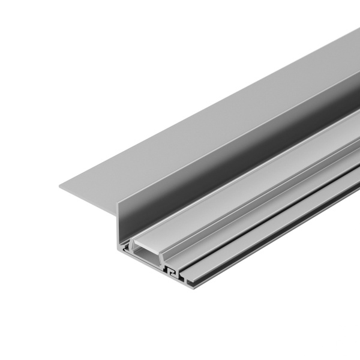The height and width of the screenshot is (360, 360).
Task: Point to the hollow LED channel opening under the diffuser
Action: point(146,259)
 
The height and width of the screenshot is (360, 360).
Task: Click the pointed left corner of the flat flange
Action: point(60,185)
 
